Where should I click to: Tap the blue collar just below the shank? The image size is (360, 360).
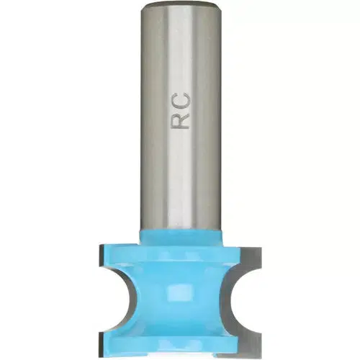pos(180,235)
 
